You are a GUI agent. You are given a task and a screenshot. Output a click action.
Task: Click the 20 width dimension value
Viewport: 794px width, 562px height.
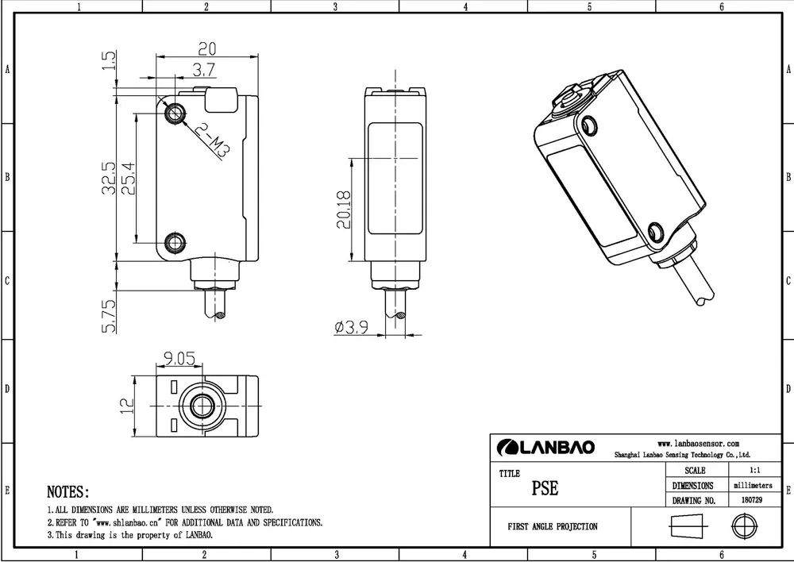206,48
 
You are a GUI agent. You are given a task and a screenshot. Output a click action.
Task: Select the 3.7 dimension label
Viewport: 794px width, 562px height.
204,70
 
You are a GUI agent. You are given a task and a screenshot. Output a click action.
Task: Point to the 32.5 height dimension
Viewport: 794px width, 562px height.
109,178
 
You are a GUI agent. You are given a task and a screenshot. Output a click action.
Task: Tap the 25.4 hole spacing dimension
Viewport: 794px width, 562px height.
128,178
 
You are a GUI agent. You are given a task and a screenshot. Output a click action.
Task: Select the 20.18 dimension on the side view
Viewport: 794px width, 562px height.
343,210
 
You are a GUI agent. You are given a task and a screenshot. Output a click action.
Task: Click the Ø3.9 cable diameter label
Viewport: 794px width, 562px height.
350,327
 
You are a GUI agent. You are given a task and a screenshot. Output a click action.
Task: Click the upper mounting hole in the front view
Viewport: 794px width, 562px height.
175,114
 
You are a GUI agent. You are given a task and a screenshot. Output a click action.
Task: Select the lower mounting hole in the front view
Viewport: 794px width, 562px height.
175,242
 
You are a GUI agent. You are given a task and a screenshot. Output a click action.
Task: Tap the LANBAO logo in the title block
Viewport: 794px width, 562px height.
545,448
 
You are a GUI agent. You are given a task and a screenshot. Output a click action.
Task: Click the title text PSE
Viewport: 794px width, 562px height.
545,488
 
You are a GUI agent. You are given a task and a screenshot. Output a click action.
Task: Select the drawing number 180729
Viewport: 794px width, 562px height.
750,501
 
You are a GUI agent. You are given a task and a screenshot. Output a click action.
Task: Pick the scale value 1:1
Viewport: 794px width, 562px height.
750,471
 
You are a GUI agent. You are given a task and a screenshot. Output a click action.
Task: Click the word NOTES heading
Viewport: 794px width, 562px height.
67,492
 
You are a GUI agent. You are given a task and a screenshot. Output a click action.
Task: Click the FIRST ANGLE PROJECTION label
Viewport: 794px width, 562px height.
553,526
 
